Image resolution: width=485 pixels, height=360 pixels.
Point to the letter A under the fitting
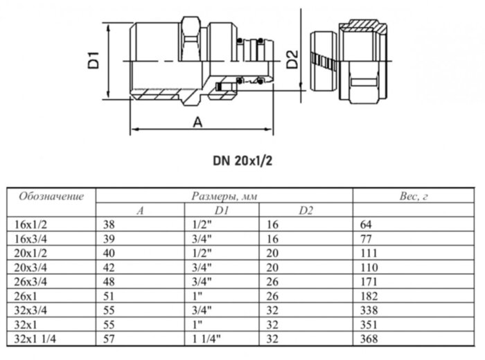[x=197, y=123]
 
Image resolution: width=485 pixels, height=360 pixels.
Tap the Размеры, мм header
[x=224, y=197]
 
